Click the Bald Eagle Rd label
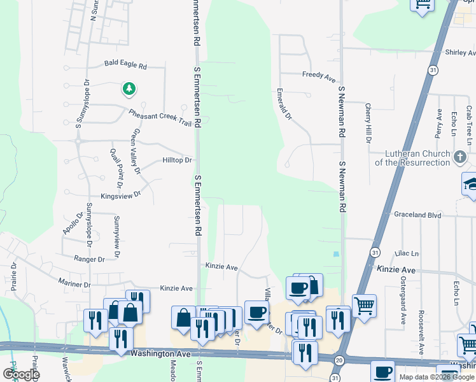click(x=125, y=65)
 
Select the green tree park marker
click(x=129, y=88)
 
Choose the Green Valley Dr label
click(x=135, y=152)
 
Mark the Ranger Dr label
click(x=89, y=259)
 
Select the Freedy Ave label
click(x=319, y=75)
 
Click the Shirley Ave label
click(x=461, y=52)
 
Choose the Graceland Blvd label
click(x=417, y=215)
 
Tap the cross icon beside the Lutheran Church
click(x=460, y=156)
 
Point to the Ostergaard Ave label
click(x=403, y=299)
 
